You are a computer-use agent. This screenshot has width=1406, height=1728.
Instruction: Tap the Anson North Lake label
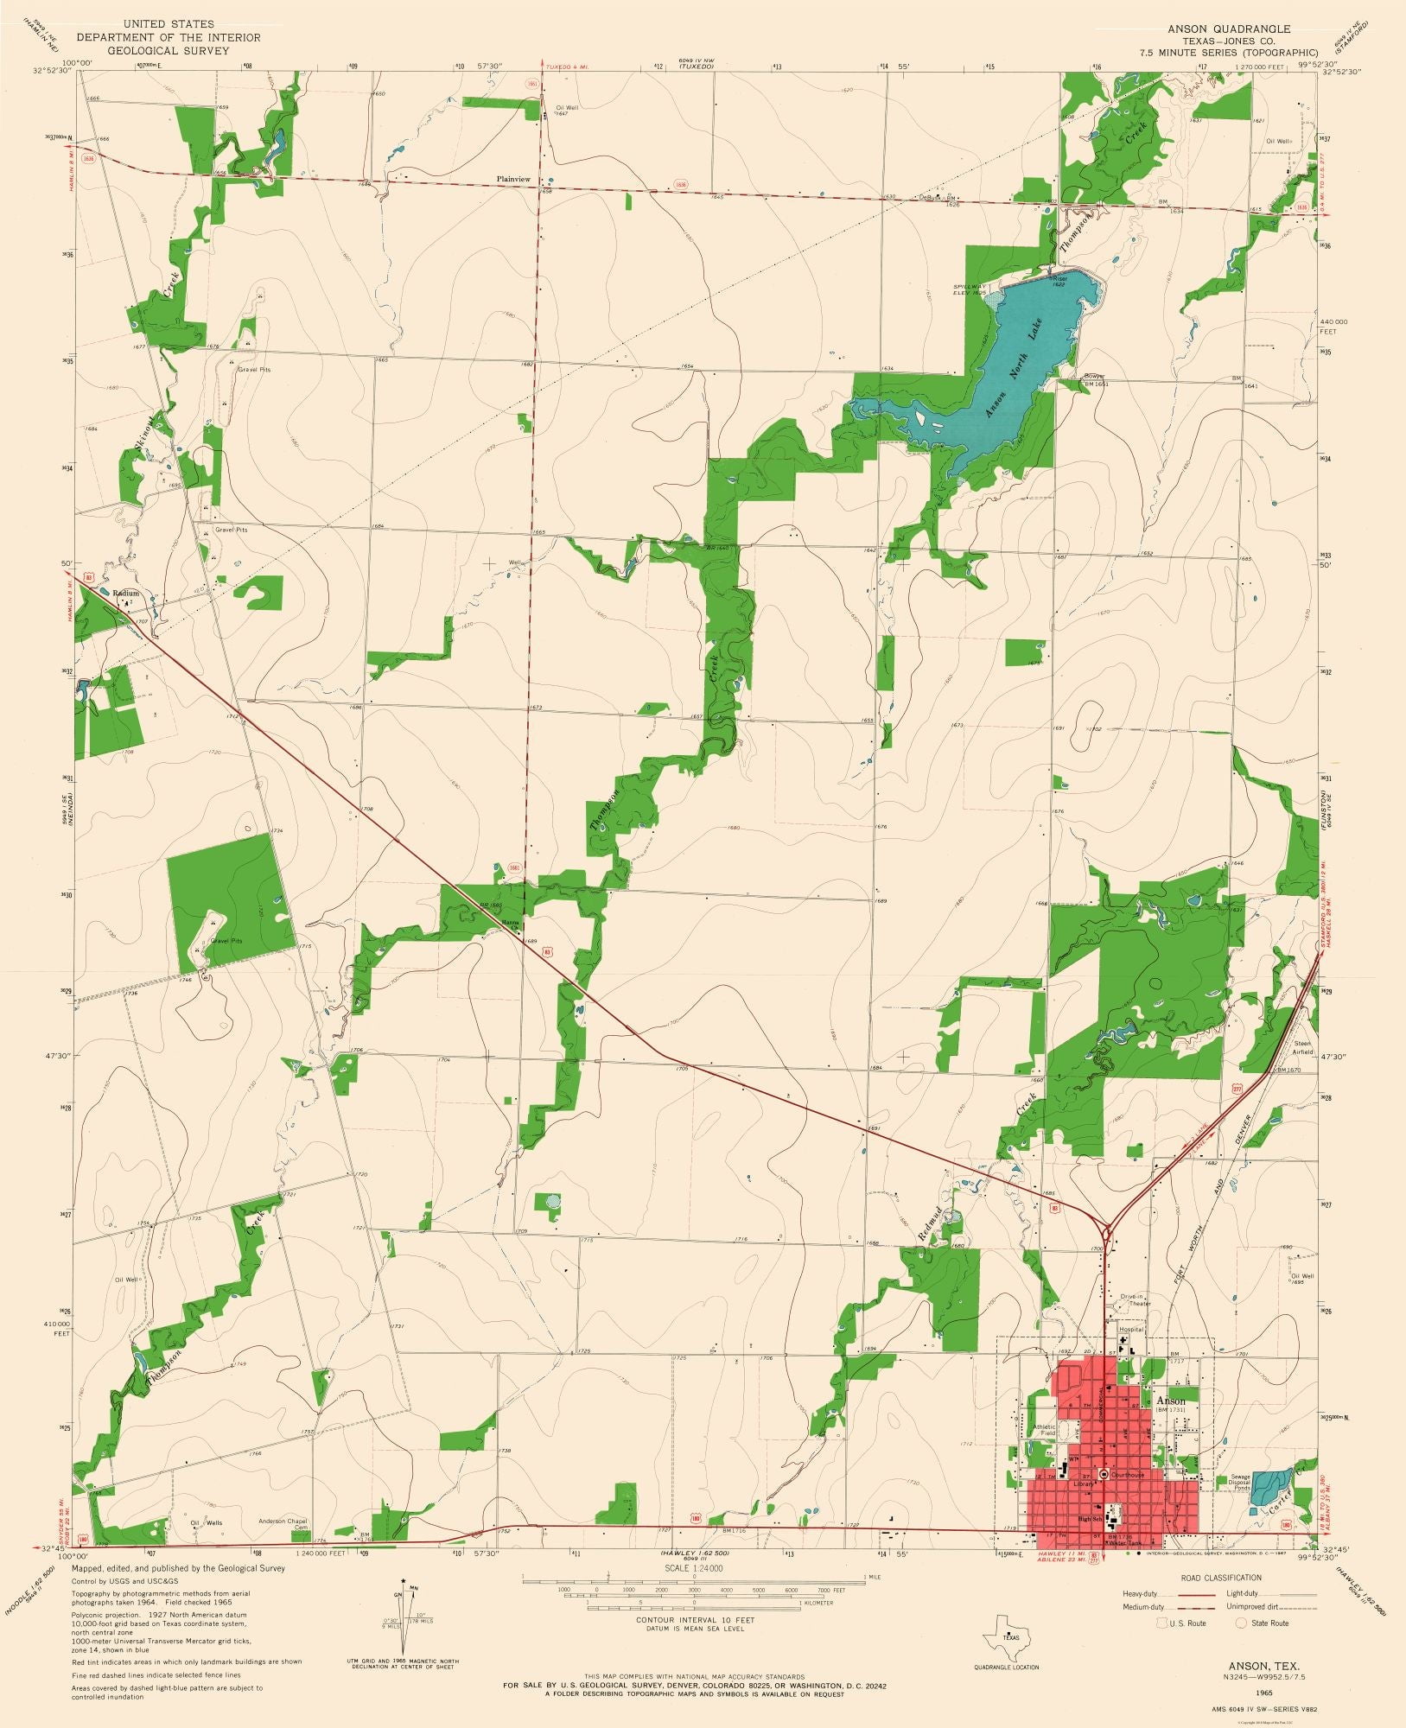(1015, 369)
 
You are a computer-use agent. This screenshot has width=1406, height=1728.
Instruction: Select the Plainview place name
(513, 179)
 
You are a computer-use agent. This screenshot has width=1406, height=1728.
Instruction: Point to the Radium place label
(125, 594)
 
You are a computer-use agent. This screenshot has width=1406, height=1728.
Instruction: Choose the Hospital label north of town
(1130, 1330)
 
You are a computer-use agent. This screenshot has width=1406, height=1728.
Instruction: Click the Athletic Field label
(1044, 1431)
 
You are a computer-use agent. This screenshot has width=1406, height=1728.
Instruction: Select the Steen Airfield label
(1302, 1048)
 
